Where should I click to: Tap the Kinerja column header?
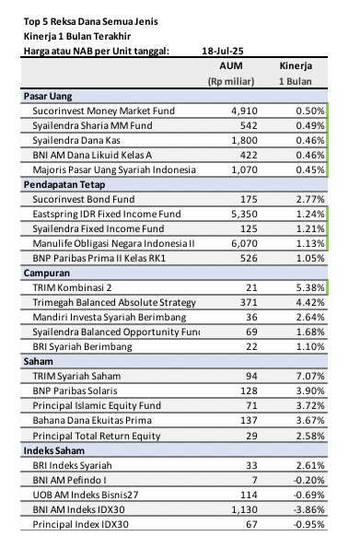click(296, 66)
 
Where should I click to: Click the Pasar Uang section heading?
click(47, 96)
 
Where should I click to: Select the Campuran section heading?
click(46, 273)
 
